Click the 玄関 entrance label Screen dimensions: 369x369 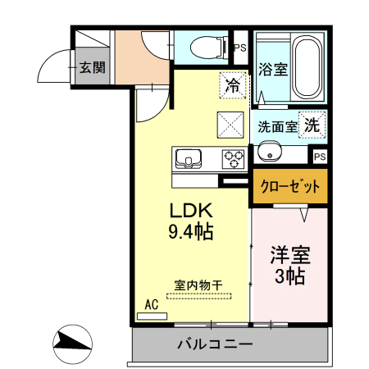pos(93,67)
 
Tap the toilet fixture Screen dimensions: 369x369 pos(208,48)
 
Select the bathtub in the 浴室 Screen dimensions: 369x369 pos(307,67)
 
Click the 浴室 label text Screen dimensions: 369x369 pos(273,70)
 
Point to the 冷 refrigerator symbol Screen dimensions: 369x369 pos(233,85)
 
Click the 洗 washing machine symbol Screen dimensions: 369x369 pos(312,125)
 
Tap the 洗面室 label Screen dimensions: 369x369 pos(277,127)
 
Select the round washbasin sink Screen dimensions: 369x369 pos(270,152)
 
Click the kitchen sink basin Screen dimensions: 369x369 pos(189,159)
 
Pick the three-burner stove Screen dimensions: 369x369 pos(233,159)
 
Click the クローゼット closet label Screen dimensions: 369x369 pos(290,186)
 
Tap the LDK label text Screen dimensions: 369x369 pos(191,211)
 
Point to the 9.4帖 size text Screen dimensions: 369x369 pos(191,231)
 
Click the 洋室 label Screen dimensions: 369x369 pos(290,255)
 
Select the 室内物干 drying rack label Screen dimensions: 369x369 pos(198,285)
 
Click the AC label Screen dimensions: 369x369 pos(152,305)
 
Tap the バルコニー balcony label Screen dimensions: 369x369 pos(215,344)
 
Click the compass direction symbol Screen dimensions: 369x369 pos(73,344)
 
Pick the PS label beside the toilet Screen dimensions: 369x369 pos(240,48)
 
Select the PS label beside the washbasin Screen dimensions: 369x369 pos(320,157)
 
